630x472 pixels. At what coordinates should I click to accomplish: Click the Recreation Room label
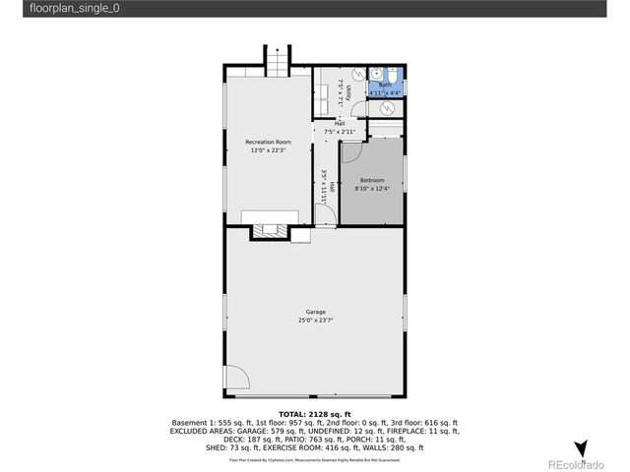click(269, 143)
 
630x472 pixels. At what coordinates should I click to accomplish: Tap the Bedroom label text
click(371, 180)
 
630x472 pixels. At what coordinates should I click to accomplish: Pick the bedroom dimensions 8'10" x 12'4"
click(371, 188)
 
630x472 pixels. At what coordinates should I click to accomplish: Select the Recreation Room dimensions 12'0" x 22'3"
click(269, 151)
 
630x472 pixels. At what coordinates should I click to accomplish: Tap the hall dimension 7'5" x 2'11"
click(339, 131)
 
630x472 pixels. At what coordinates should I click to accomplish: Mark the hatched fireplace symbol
click(269, 232)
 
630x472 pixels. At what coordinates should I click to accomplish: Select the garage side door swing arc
click(236, 378)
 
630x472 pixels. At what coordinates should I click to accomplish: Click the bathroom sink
click(375, 74)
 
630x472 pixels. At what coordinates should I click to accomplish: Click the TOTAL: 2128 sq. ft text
click(315, 415)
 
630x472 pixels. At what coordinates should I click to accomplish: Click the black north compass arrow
click(581, 447)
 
